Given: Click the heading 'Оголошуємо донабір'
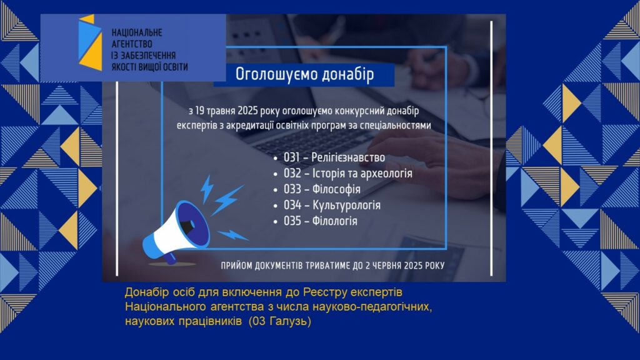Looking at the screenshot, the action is tap(304, 74).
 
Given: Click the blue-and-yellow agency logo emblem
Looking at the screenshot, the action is tap(90, 42).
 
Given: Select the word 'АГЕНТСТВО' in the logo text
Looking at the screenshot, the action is tap(132, 44).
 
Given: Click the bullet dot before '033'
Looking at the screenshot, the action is tap(276, 190).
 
